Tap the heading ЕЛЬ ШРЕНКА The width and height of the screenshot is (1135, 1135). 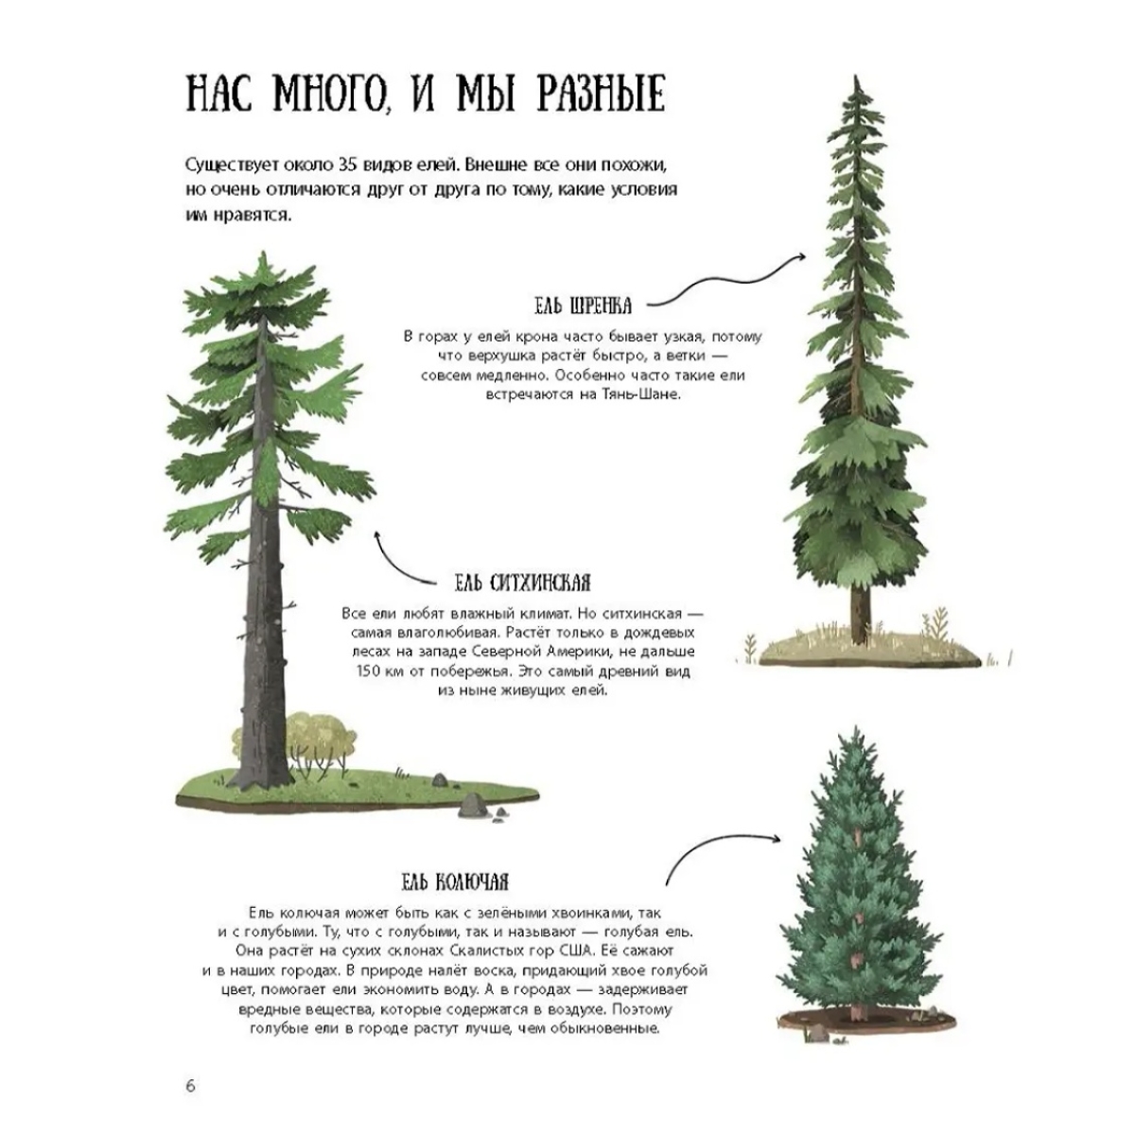(x=584, y=306)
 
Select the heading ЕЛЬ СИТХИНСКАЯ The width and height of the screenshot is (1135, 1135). (x=522, y=584)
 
